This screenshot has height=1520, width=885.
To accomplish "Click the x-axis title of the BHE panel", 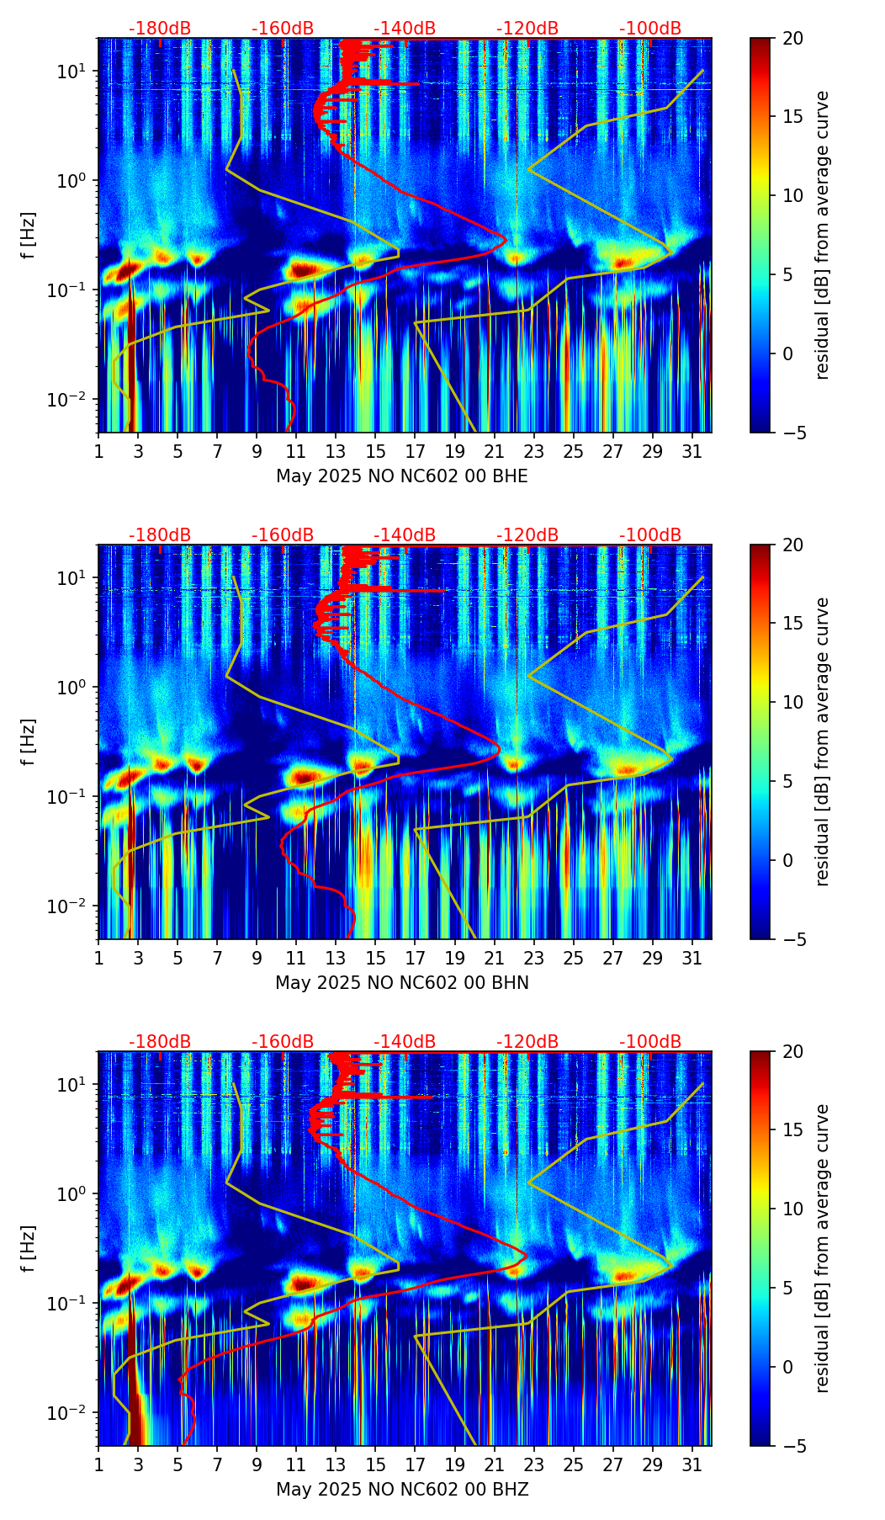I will [402, 476].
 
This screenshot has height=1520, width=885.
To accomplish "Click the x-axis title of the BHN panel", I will [402, 983].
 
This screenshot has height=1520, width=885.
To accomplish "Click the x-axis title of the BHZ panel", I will [402, 1490].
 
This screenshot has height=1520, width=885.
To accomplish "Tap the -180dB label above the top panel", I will [160, 29].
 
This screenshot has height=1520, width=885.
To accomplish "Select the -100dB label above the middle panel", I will [650, 535].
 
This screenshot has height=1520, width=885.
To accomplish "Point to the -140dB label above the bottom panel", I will [405, 1042].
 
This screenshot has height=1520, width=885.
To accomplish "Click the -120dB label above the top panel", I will [527, 29].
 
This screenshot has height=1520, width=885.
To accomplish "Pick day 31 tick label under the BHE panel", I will [692, 452].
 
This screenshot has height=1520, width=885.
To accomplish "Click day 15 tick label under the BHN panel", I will [375, 959].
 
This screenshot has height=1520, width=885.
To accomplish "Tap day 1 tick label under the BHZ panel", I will [98, 1465].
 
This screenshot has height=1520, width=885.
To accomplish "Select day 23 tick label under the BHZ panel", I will [534, 1465].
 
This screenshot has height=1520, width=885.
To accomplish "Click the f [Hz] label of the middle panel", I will [29, 741].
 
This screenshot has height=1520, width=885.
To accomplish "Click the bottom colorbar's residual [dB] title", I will [823, 1248].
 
